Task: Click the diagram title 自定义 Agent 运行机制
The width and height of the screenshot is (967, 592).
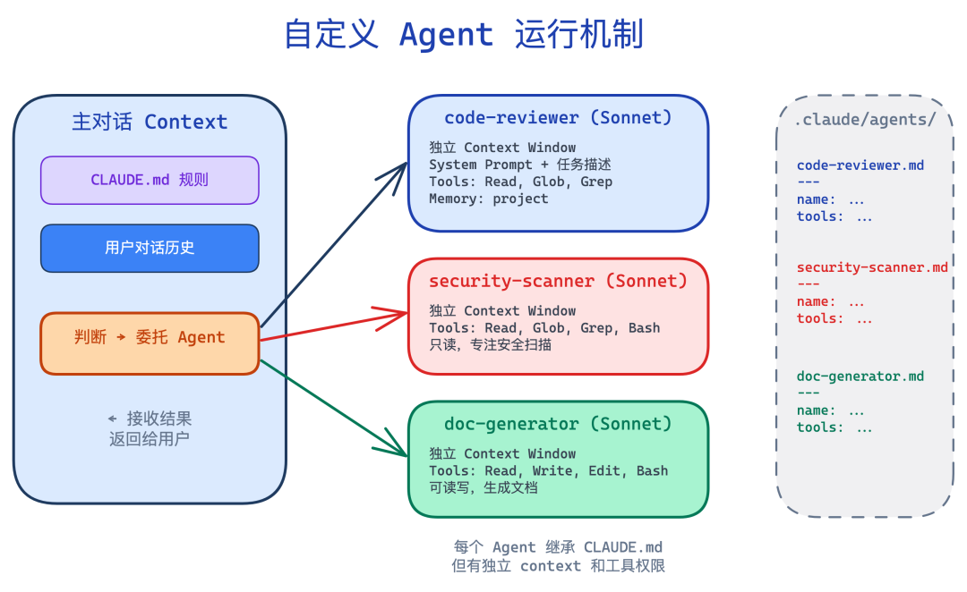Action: point(463,36)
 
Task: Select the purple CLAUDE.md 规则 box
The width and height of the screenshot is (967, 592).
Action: point(150,180)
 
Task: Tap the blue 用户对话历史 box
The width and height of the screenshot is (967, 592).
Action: point(150,248)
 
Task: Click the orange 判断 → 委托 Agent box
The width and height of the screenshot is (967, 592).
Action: point(150,337)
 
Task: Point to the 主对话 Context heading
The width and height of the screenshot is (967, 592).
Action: point(150,122)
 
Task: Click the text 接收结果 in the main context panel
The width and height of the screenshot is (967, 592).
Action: point(158,419)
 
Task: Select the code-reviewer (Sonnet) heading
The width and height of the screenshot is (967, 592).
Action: point(558,118)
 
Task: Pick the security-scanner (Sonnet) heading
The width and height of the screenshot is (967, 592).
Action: point(558,281)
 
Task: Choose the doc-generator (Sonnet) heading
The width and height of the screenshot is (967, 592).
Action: point(558,424)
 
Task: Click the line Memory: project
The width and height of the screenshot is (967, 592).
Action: point(488,199)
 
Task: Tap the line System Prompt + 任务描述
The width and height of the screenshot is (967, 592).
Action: point(519,165)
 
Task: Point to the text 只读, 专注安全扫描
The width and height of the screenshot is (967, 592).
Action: point(490,344)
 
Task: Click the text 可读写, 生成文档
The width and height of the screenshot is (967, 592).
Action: point(483,487)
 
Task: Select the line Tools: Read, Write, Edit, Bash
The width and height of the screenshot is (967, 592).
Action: point(548,470)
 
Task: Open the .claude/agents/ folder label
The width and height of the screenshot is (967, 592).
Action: point(865,120)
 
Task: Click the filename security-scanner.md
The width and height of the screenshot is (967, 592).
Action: point(871,267)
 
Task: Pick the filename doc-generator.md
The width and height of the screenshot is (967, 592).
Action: point(860,376)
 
